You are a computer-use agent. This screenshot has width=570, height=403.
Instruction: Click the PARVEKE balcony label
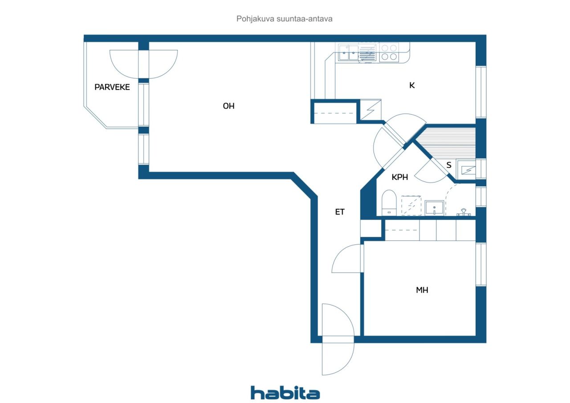coord(112,87)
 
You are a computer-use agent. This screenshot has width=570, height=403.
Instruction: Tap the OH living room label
coord(228,106)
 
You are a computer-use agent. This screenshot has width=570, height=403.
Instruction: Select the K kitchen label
coord(412,85)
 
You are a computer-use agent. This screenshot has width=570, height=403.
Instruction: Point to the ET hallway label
coord(340,212)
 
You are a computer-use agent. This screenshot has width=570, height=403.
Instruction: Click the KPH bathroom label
coord(399,177)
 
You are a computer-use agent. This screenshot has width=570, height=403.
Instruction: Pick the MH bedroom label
coord(422,290)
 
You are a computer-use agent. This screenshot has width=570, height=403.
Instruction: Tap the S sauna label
coord(449,165)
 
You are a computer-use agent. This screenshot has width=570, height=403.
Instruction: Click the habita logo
coord(285,393)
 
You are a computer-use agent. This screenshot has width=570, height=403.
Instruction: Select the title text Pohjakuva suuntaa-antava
coord(284,19)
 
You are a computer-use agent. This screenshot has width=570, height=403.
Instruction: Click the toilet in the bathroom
coord(389,203)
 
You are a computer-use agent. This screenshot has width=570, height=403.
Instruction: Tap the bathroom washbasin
coord(434,208)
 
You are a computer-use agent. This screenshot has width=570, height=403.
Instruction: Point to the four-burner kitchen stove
coord(389,52)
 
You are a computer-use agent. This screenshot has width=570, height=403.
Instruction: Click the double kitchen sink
coord(348,52)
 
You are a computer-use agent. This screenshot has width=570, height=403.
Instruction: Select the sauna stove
coord(466,170)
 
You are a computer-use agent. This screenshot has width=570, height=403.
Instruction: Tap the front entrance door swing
coord(338,339)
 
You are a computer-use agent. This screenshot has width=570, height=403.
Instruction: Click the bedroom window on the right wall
coord(481,265)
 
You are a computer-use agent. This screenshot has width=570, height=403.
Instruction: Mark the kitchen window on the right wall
coord(481,92)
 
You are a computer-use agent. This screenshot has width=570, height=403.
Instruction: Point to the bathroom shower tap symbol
coord(464,212)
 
